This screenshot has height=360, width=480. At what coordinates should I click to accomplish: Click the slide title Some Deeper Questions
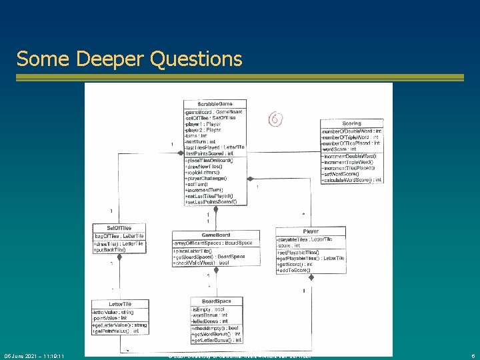click(x=129, y=59)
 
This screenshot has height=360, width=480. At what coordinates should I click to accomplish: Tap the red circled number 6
click(x=276, y=119)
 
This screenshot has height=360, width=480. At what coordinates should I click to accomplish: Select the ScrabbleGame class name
click(x=213, y=104)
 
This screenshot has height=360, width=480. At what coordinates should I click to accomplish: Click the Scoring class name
click(x=351, y=123)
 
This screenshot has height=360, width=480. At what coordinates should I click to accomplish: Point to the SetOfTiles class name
click(x=118, y=228)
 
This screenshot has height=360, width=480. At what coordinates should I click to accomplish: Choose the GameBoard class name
click(x=216, y=235)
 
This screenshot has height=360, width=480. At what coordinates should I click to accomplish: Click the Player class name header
click(x=310, y=231)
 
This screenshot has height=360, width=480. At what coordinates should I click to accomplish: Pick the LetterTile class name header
click(x=118, y=304)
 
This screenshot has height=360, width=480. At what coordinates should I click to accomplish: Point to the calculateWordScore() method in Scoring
click(x=351, y=180)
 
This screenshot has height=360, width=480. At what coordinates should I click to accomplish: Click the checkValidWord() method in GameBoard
click(x=201, y=263)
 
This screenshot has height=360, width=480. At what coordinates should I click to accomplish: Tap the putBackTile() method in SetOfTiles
click(x=111, y=249)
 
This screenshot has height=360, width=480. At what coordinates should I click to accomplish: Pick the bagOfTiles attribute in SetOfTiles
click(x=119, y=236)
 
